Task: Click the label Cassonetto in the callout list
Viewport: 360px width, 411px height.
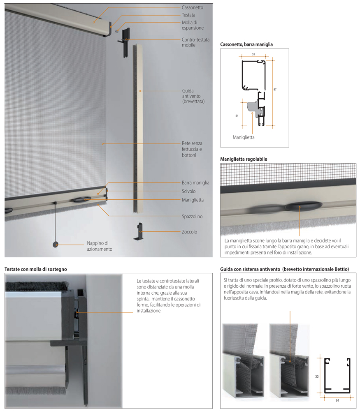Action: [x=192, y=7]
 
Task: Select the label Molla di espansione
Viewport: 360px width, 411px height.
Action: [x=193, y=25]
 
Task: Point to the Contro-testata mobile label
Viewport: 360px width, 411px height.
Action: [x=195, y=42]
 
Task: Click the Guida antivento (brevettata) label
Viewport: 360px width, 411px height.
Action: [x=193, y=96]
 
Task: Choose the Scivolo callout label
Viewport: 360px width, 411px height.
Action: [x=188, y=191]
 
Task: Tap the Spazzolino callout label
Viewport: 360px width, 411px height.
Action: [x=192, y=216]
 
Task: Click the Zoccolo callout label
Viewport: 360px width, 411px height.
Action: [x=189, y=232]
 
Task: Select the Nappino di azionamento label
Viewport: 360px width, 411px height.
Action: [x=99, y=246]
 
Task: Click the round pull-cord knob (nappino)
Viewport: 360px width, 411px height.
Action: [x=56, y=244]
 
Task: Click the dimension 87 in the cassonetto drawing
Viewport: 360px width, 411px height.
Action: [x=275, y=89]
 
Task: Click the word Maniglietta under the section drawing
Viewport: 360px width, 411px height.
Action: [x=244, y=137]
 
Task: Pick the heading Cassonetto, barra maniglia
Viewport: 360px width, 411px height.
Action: [x=246, y=44]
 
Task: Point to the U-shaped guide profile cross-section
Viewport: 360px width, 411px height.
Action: [x=337, y=374]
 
